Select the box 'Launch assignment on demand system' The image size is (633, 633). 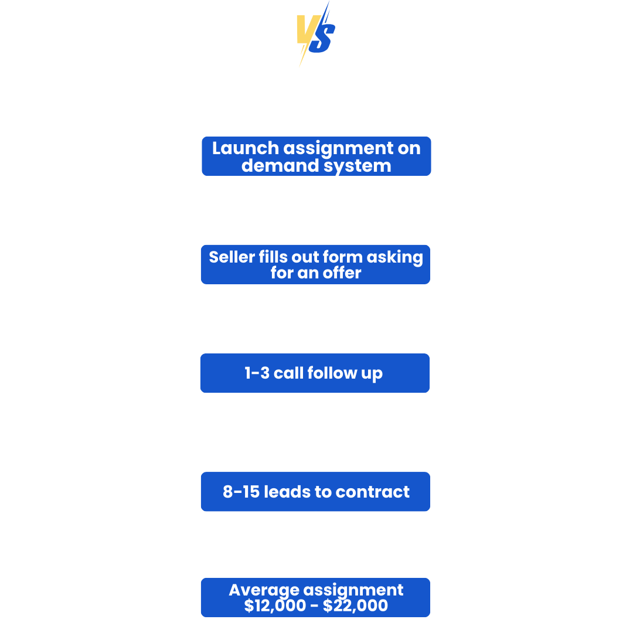[316, 156]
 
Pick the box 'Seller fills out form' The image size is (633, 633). [315, 265]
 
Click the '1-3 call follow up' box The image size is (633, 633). [314, 373]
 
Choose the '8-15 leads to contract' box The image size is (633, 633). [315, 492]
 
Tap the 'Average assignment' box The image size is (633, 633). [315, 597]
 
